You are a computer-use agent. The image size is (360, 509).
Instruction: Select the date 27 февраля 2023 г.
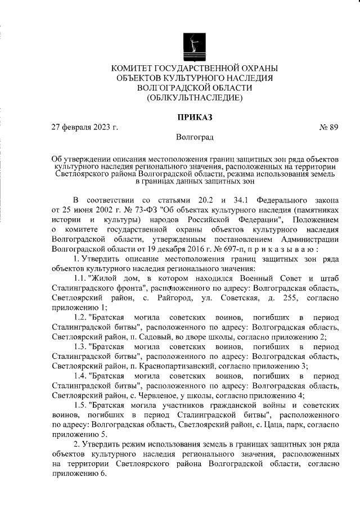pyautogui.click(x=84, y=128)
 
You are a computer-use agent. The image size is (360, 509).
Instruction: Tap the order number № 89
pyautogui.click(x=328, y=128)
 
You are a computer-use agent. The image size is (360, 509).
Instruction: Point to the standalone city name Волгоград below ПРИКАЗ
pyautogui.click(x=194, y=137)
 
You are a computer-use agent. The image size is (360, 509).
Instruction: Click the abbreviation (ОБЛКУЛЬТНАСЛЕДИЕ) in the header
pyautogui.click(x=194, y=98)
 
